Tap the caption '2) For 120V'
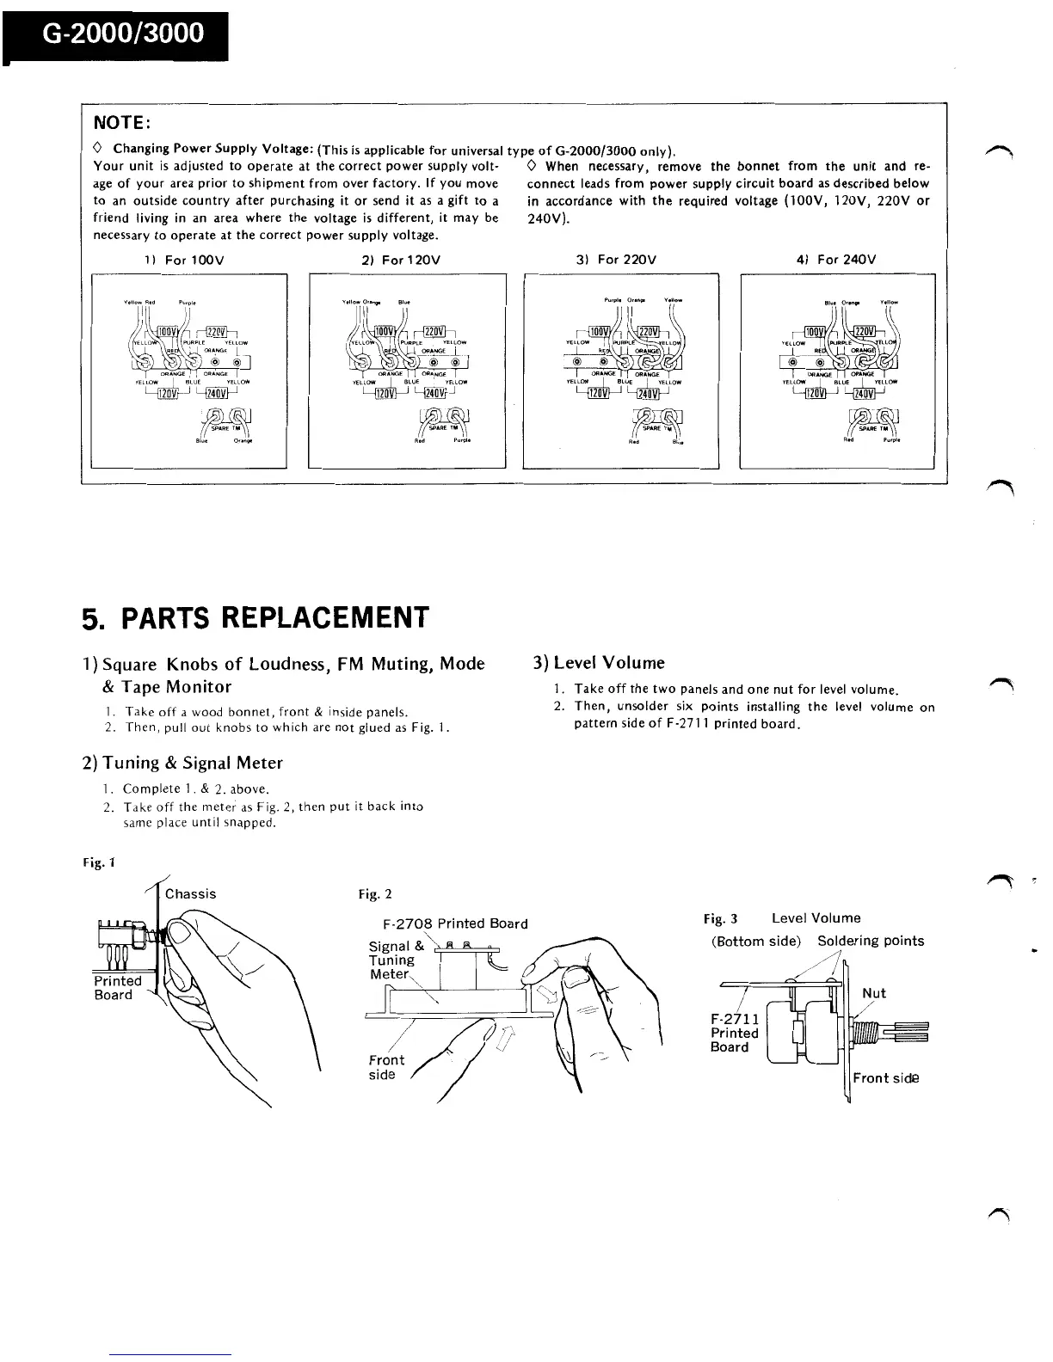coord(406,259)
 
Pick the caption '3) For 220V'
coord(621,259)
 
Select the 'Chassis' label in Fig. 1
coord(190,894)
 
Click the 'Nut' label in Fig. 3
coord(873,993)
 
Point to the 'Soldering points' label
coord(871,941)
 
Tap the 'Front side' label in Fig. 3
coord(885,1078)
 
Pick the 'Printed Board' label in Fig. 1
coord(117,988)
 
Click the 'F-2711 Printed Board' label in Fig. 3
coord(734,1033)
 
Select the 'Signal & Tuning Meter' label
coord(392,960)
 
